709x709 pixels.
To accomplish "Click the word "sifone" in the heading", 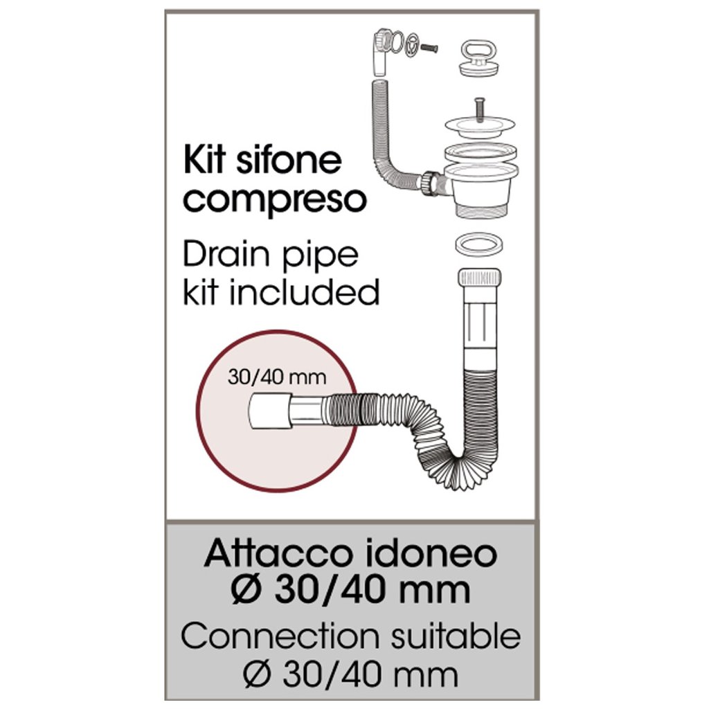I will (284, 161).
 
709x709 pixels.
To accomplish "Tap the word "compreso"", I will (276, 200).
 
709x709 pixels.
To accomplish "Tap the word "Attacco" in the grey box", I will (274, 555).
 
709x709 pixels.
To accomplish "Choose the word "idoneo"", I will (428, 555).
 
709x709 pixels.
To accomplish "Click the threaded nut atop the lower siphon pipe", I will (478, 280).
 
